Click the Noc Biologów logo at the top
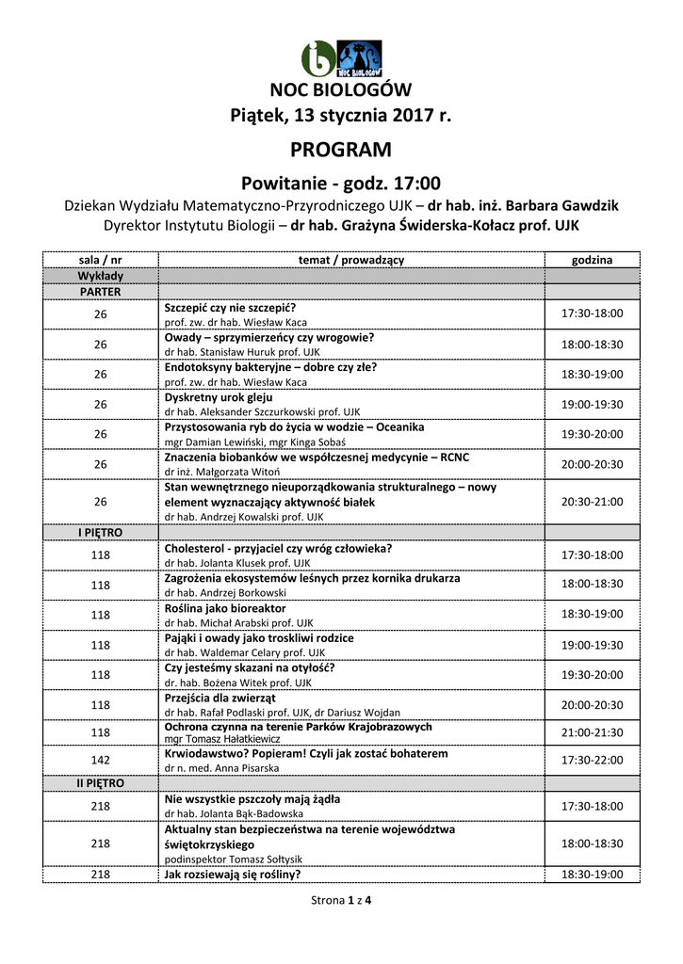(x=341, y=59)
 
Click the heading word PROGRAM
(x=341, y=150)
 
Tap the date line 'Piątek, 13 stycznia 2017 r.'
(x=341, y=117)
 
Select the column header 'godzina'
(x=592, y=259)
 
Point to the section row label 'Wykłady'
(x=100, y=276)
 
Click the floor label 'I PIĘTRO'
(x=100, y=533)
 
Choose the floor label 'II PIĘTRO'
(x=100, y=783)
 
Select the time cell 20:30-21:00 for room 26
(x=592, y=502)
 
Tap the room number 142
(x=100, y=760)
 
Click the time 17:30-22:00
(x=592, y=760)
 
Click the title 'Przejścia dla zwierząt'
(x=220, y=699)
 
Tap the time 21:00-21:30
(x=592, y=731)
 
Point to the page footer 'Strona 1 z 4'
(x=341, y=901)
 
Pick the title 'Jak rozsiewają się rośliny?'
(x=233, y=875)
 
